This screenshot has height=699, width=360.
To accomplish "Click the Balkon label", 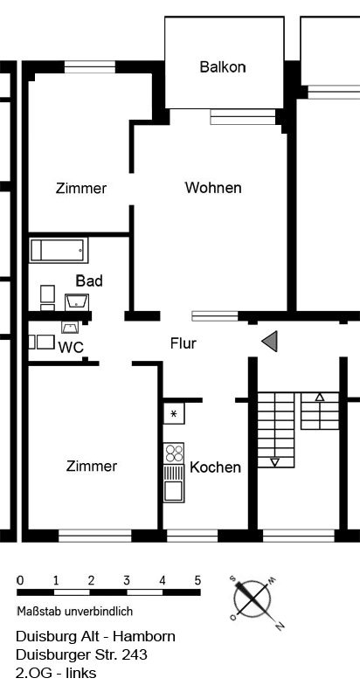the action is pyautogui.click(x=223, y=67).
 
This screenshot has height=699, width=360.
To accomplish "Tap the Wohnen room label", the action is pyautogui.click(x=213, y=188).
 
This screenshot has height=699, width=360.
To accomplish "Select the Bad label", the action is pyautogui.click(x=89, y=280).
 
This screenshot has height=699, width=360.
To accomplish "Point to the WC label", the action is pyautogui.click(x=71, y=347).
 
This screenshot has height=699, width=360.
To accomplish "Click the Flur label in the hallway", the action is pyautogui.click(x=183, y=343).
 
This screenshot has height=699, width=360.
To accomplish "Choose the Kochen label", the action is pyautogui.click(x=215, y=467).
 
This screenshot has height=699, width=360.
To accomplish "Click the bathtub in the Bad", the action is pyautogui.click(x=59, y=251).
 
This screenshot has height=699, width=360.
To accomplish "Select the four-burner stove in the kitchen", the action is pyautogui.click(x=174, y=453).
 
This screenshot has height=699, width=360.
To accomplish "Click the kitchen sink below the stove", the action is pyautogui.click(x=174, y=483).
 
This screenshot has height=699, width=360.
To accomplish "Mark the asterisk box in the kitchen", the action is pyautogui.click(x=174, y=413).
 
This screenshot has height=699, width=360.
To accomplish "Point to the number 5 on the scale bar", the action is pyautogui.click(x=197, y=581).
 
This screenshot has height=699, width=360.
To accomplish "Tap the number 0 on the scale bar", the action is pyautogui.click(x=19, y=581).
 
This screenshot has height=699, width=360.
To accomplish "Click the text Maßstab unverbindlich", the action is pyautogui.click(x=75, y=611).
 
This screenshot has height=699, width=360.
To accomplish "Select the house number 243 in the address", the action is pyautogui.click(x=134, y=654).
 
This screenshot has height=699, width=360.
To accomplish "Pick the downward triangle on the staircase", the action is pyautogui.click(x=275, y=463).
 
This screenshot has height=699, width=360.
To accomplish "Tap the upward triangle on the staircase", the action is pyautogui.click(x=320, y=398).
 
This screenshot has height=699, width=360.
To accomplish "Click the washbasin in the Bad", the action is pyautogui.click(x=77, y=301).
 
